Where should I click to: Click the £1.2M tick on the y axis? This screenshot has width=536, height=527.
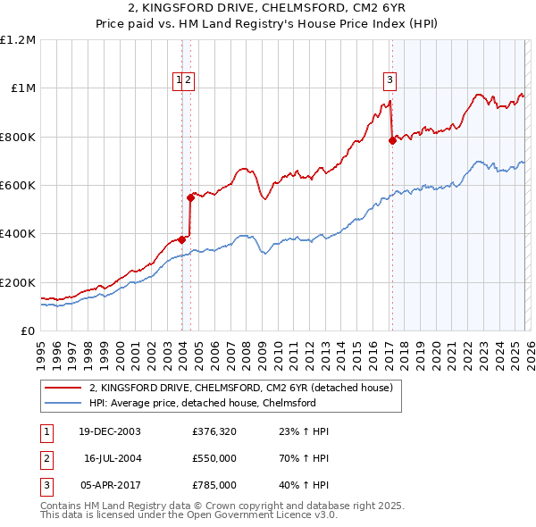(x=18, y=40)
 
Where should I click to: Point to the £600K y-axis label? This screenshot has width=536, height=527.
(x=18, y=186)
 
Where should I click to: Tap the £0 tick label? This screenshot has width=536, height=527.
(x=27, y=331)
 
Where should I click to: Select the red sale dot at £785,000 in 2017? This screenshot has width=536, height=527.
(x=392, y=140)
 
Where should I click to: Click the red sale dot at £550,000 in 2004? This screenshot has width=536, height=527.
(x=190, y=197)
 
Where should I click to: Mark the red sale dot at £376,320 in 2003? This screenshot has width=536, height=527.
(x=181, y=239)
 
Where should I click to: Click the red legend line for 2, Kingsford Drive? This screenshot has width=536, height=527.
(x=63, y=388)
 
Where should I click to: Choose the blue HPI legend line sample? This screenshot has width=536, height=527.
(x=63, y=403)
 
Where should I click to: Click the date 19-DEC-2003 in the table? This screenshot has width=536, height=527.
(x=110, y=431)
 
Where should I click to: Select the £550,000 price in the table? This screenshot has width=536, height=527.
(x=214, y=458)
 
